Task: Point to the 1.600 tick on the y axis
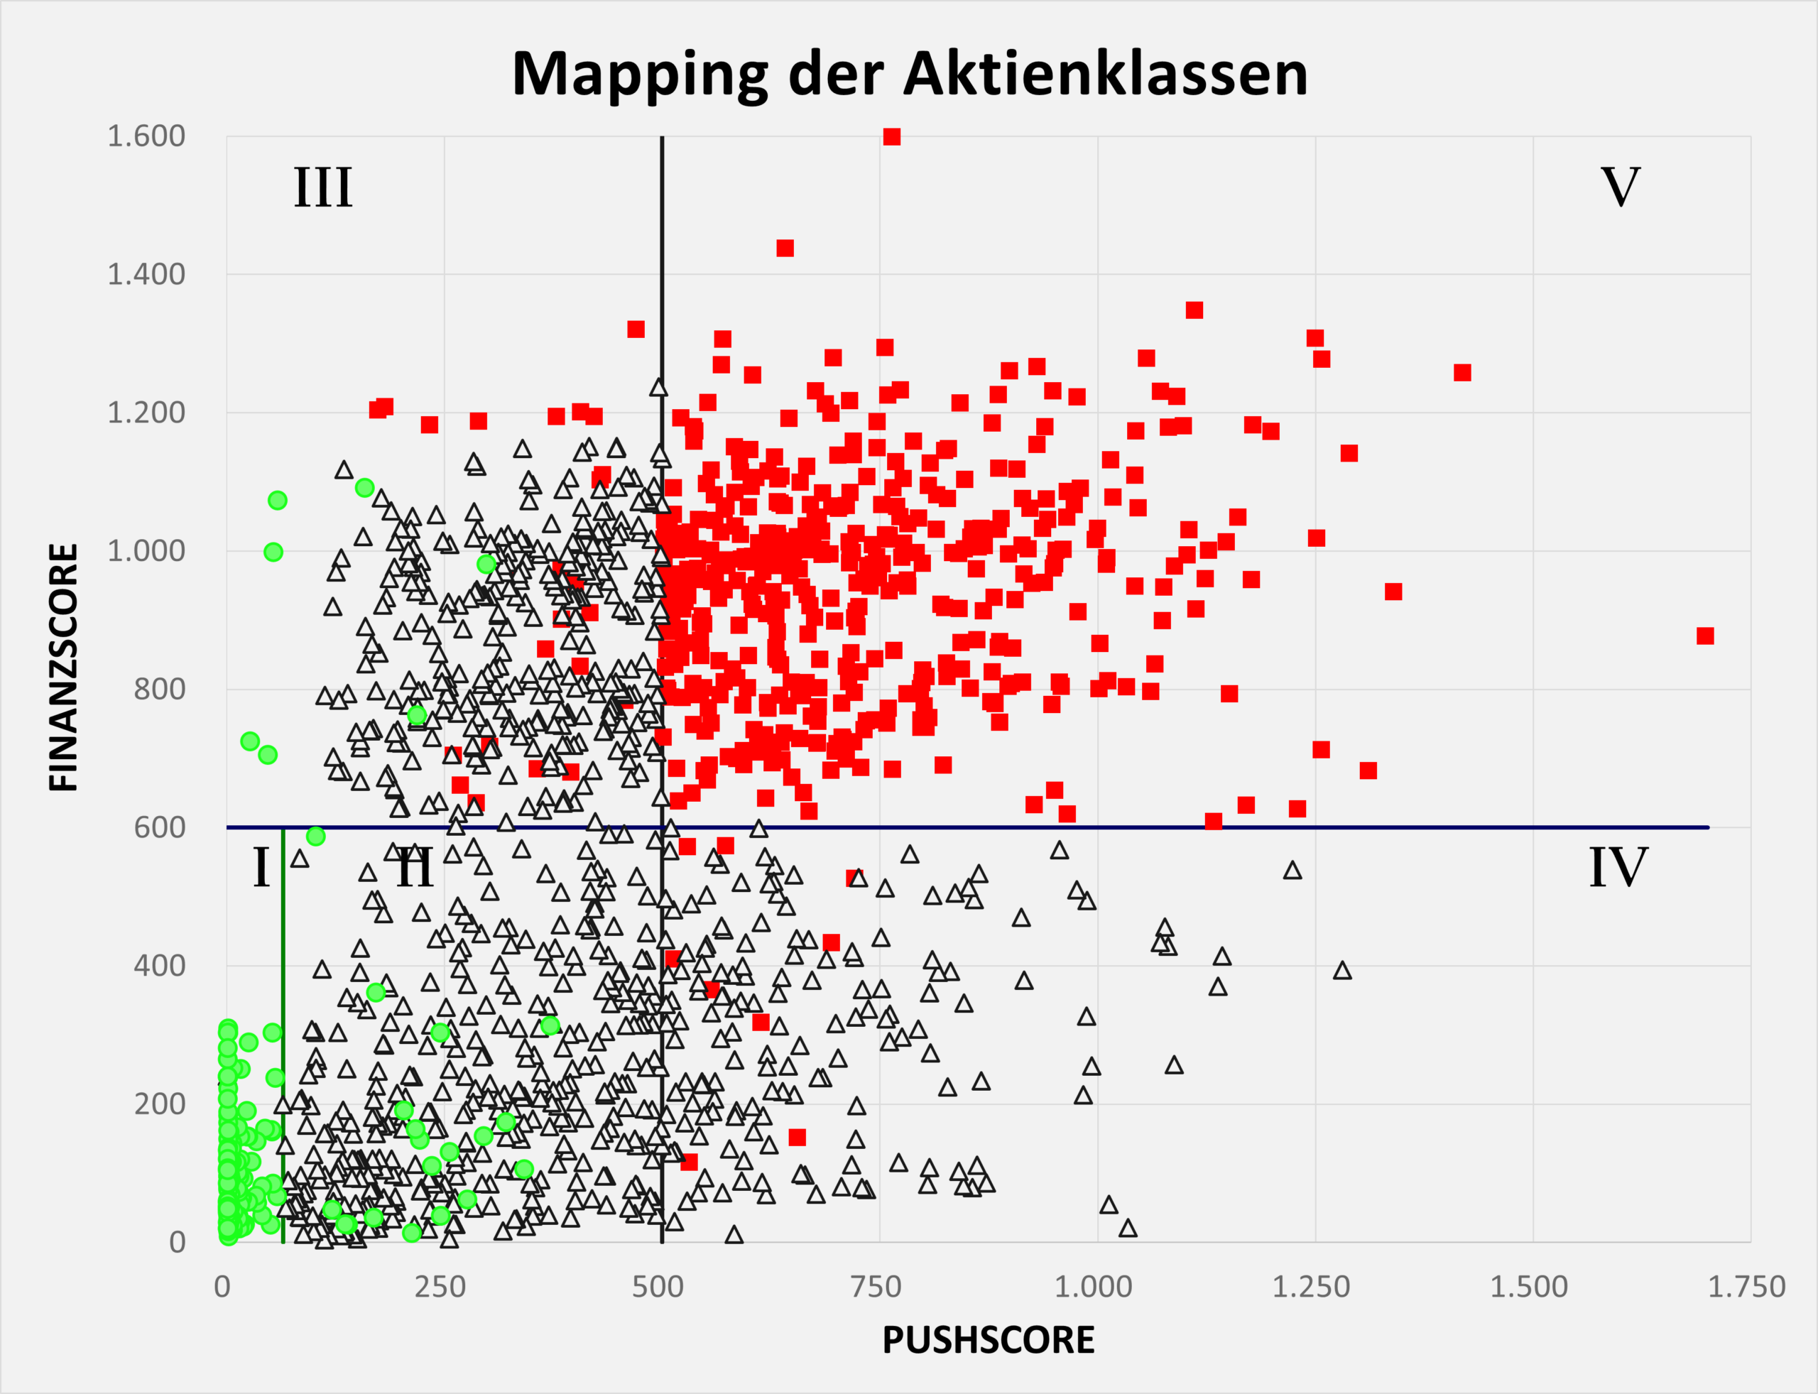pos(146,136)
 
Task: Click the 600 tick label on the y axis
pos(159,827)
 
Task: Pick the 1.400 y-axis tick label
pos(146,274)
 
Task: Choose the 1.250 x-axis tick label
pos(1311,1287)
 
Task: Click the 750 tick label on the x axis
pos(876,1287)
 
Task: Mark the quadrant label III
pos(323,187)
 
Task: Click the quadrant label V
pos(1620,187)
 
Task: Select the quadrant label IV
pos(1618,868)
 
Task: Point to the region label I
pos(261,868)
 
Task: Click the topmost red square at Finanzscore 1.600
pos(892,137)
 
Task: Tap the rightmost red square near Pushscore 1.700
pos(1705,636)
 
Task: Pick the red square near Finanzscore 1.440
pos(785,248)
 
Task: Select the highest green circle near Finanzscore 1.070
pos(277,501)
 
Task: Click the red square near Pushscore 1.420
pos(1462,373)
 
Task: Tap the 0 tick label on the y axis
pos(177,1242)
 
